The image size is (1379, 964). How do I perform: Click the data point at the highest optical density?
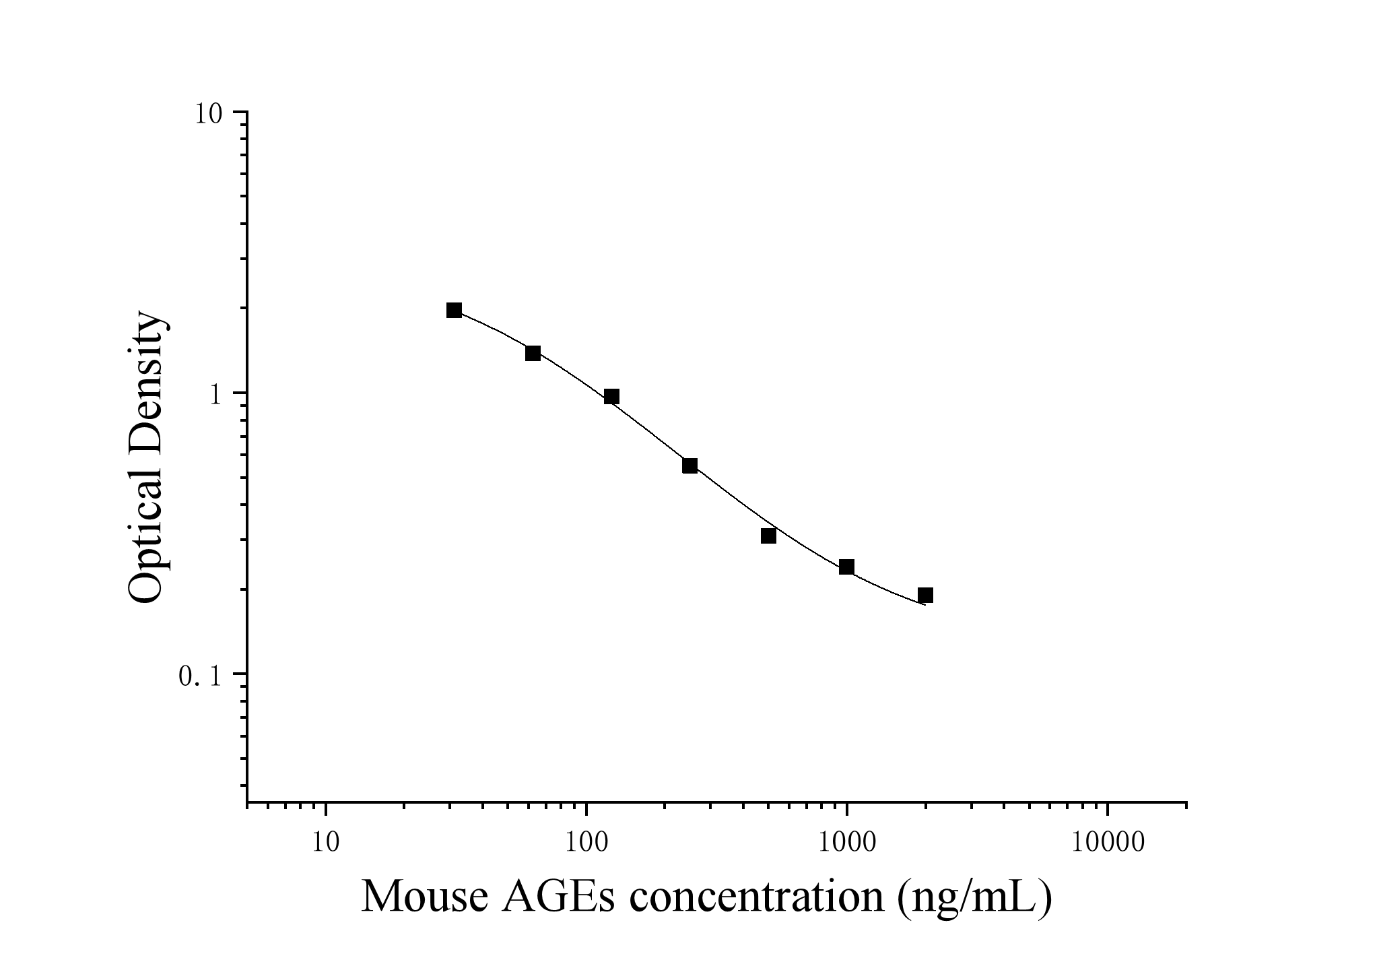coord(455,310)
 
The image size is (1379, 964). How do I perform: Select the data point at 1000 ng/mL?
coord(846,567)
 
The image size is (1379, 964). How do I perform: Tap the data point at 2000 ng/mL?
coord(925,595)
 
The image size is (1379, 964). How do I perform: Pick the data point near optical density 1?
coord(611,396)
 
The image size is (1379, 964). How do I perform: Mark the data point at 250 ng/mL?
coord(689,465)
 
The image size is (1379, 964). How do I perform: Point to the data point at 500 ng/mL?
coord(768,536)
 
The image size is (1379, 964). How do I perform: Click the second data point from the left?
coord(533,353)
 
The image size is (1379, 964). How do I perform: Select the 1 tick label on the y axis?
coord(215,395)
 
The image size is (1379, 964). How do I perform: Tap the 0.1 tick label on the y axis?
coord(200,676)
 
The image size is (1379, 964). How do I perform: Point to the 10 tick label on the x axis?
coord(326,843)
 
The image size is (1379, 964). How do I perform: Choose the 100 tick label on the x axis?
coord(586,843)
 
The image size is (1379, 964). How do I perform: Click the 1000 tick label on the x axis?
coord(846,843)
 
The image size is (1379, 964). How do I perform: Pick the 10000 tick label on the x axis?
coord(1108,843)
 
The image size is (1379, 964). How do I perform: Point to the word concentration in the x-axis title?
coord(756,897)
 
